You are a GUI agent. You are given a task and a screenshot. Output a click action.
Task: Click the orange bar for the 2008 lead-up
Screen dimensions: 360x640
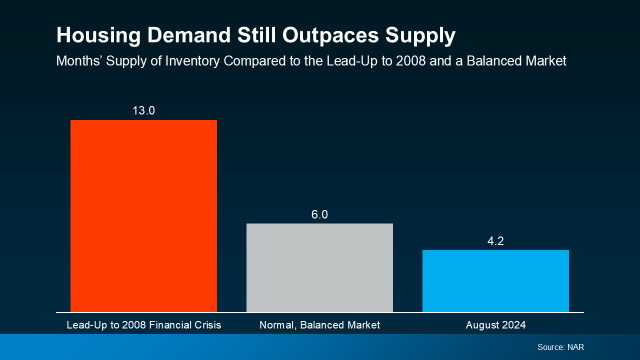[x=143, y=216]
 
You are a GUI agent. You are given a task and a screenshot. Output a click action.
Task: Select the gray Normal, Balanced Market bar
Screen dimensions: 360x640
[x=319, y=268]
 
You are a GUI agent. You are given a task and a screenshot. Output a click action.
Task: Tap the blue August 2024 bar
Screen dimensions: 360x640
[x=495, y=281]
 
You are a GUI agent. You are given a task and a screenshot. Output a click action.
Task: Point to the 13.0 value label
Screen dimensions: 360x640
[x=143, y=110]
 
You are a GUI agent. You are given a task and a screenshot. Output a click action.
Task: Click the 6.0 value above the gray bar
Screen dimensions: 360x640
[x=319, y=214]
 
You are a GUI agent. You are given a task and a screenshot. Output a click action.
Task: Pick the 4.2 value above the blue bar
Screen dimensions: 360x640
[x=495, y=241]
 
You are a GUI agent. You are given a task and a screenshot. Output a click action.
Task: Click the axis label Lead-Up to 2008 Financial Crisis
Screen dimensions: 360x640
[x=143, y=325]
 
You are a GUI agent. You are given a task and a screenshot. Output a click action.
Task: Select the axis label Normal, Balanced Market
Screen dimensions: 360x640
[x=319, y=325]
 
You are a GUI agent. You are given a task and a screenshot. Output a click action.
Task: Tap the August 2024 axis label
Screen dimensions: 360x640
[x=495, y=325]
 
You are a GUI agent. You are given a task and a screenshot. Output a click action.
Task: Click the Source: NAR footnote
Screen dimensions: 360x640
[x=560, y=347]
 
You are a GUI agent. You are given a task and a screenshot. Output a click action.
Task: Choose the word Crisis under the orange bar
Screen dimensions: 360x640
[x=208, y=325]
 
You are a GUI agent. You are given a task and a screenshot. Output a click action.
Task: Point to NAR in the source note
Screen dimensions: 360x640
[x=575, y=347]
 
